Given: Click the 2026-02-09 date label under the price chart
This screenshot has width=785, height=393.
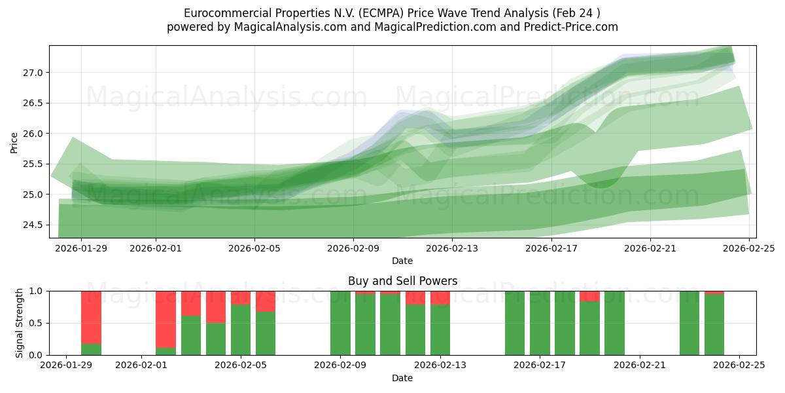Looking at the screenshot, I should click(x=353, y=249).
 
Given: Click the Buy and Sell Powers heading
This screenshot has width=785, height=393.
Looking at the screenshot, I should click(x=402, y=281).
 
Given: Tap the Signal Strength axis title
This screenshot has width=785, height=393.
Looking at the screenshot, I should click(x=20, y=323).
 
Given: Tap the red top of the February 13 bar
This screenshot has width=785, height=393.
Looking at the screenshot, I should click(x=440, y=298).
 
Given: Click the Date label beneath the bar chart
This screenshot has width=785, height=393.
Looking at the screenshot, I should click(x=402, y=378).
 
